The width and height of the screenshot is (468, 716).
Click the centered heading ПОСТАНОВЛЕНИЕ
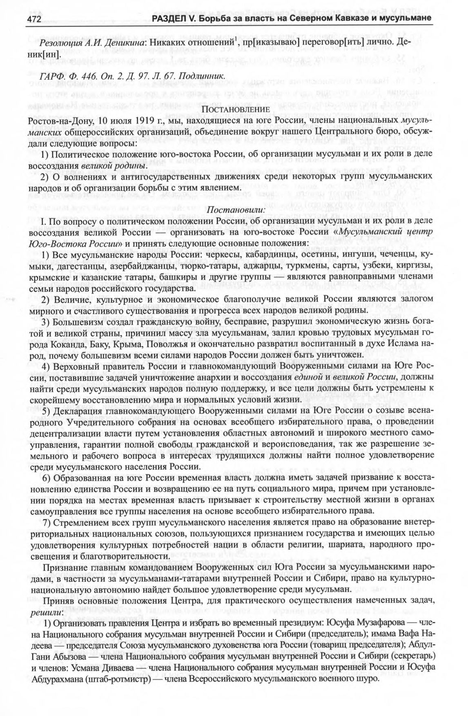(x=234, y=110)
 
